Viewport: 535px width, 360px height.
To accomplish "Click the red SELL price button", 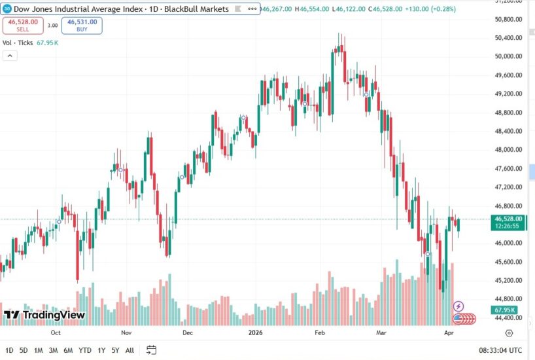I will pos(23,26).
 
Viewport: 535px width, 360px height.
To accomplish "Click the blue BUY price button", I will pos(82,26).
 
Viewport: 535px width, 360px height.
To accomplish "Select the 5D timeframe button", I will pos(24,350).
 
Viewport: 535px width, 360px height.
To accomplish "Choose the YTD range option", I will pos(84,350).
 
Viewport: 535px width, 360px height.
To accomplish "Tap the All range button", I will pos(129,350).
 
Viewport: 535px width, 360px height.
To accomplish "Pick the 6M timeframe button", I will pos(68,350).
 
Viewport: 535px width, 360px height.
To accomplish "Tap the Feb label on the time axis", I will pos(320,333).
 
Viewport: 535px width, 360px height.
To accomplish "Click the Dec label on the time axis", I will pos(188,333).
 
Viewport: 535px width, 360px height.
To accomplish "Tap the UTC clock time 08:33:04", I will pos(500,350).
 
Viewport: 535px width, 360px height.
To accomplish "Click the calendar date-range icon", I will pos(151,350).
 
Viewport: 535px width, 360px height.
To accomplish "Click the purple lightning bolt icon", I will pos(458,306).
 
